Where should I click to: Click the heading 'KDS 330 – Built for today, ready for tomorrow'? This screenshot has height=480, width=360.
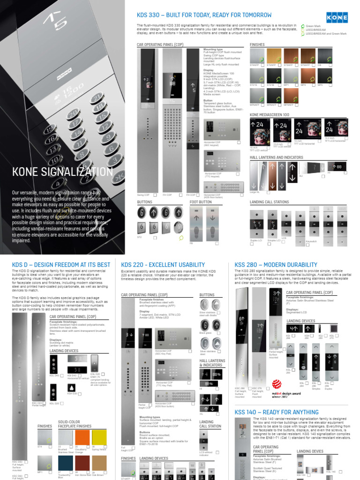(204, 15)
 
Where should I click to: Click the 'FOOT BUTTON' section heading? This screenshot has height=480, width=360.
(201, 202)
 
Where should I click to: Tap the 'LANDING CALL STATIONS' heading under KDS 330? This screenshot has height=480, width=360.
(270, 202)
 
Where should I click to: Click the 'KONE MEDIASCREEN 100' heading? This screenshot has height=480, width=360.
(270, 114)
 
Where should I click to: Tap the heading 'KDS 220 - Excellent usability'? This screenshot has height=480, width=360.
(163, 265)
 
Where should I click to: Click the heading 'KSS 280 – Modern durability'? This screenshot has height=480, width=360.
(269, 265)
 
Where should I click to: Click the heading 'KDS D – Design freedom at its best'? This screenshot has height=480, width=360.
(61, 265)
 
